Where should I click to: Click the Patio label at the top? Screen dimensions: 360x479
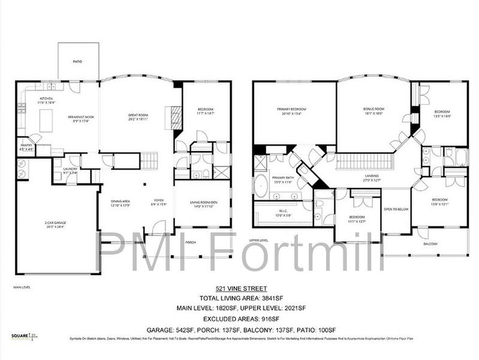point(77,62)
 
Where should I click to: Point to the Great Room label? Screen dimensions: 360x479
point(138,115)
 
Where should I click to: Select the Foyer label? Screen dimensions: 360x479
point(159,201)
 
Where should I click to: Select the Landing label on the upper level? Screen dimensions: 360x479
point(372,176)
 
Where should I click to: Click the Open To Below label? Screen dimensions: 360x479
point(396,209)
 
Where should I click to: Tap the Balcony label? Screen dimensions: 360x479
point(430,244)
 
